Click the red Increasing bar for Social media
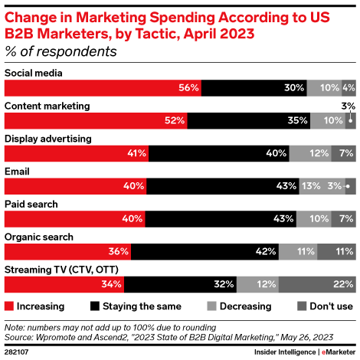[x=103, y=88]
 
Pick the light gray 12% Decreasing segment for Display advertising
[x=310, y=153]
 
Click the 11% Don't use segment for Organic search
[x=336, y=251]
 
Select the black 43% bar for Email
[x=218, y=186]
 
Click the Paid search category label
[x=32, y=204]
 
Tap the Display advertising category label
[x=48, y=139]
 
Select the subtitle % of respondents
[x=61, y=51]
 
